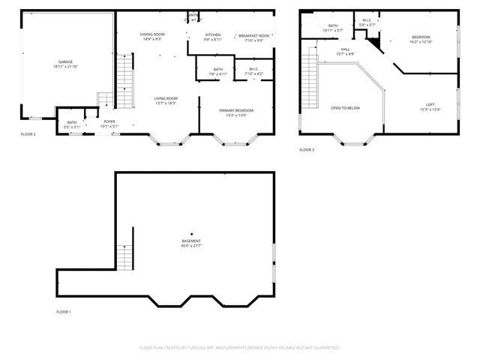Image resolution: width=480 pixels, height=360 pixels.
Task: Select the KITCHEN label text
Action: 213,35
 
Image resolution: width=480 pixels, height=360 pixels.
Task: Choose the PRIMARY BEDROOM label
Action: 236,110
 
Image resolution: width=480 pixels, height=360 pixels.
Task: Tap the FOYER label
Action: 109,121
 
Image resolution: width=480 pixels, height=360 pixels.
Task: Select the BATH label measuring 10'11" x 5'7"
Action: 332,25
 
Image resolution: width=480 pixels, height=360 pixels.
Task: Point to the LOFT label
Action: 430,104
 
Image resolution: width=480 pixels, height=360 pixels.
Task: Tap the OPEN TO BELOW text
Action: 346,108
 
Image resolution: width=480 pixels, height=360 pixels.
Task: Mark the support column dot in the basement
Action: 191,233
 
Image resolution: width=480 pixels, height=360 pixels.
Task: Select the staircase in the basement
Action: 124,258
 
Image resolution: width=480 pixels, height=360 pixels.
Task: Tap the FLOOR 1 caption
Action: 64,311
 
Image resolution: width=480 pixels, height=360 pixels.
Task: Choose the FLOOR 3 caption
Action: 307,150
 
